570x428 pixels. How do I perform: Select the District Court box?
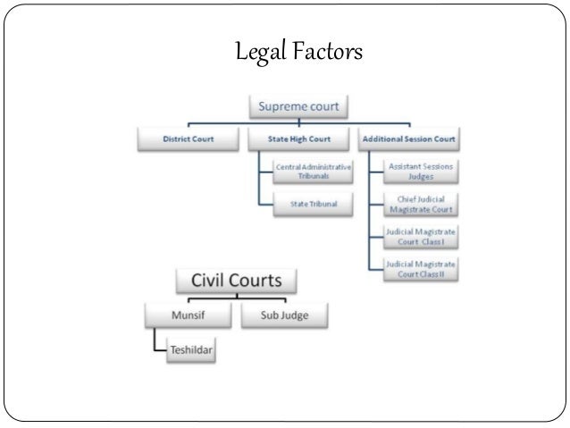tap(189, 138)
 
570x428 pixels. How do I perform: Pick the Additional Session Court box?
tap(409, 138)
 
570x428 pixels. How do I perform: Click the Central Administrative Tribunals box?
tap(313, 172)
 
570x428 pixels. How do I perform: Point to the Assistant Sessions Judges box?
tap(420, 172)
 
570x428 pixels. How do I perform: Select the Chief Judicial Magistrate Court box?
tap(420, 205)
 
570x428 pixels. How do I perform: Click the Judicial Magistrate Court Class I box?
tap(420, 236)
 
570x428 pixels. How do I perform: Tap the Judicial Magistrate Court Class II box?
tap(420, 267)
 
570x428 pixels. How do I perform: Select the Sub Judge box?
tap(284, 315)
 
